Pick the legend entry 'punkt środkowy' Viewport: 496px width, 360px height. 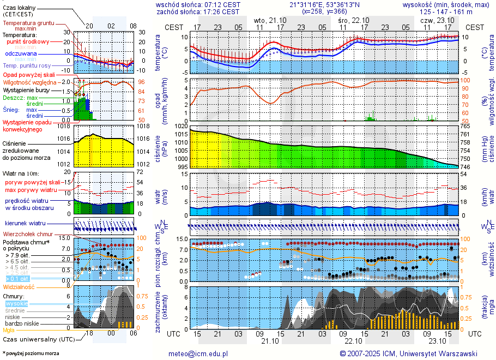click(28, 41)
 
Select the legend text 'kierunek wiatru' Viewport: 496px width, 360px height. click(25, 224)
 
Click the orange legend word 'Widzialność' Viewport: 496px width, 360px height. click(19, 286)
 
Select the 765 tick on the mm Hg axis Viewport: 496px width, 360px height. click(465, 126)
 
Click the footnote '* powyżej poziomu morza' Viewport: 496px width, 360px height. click(31, 353)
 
